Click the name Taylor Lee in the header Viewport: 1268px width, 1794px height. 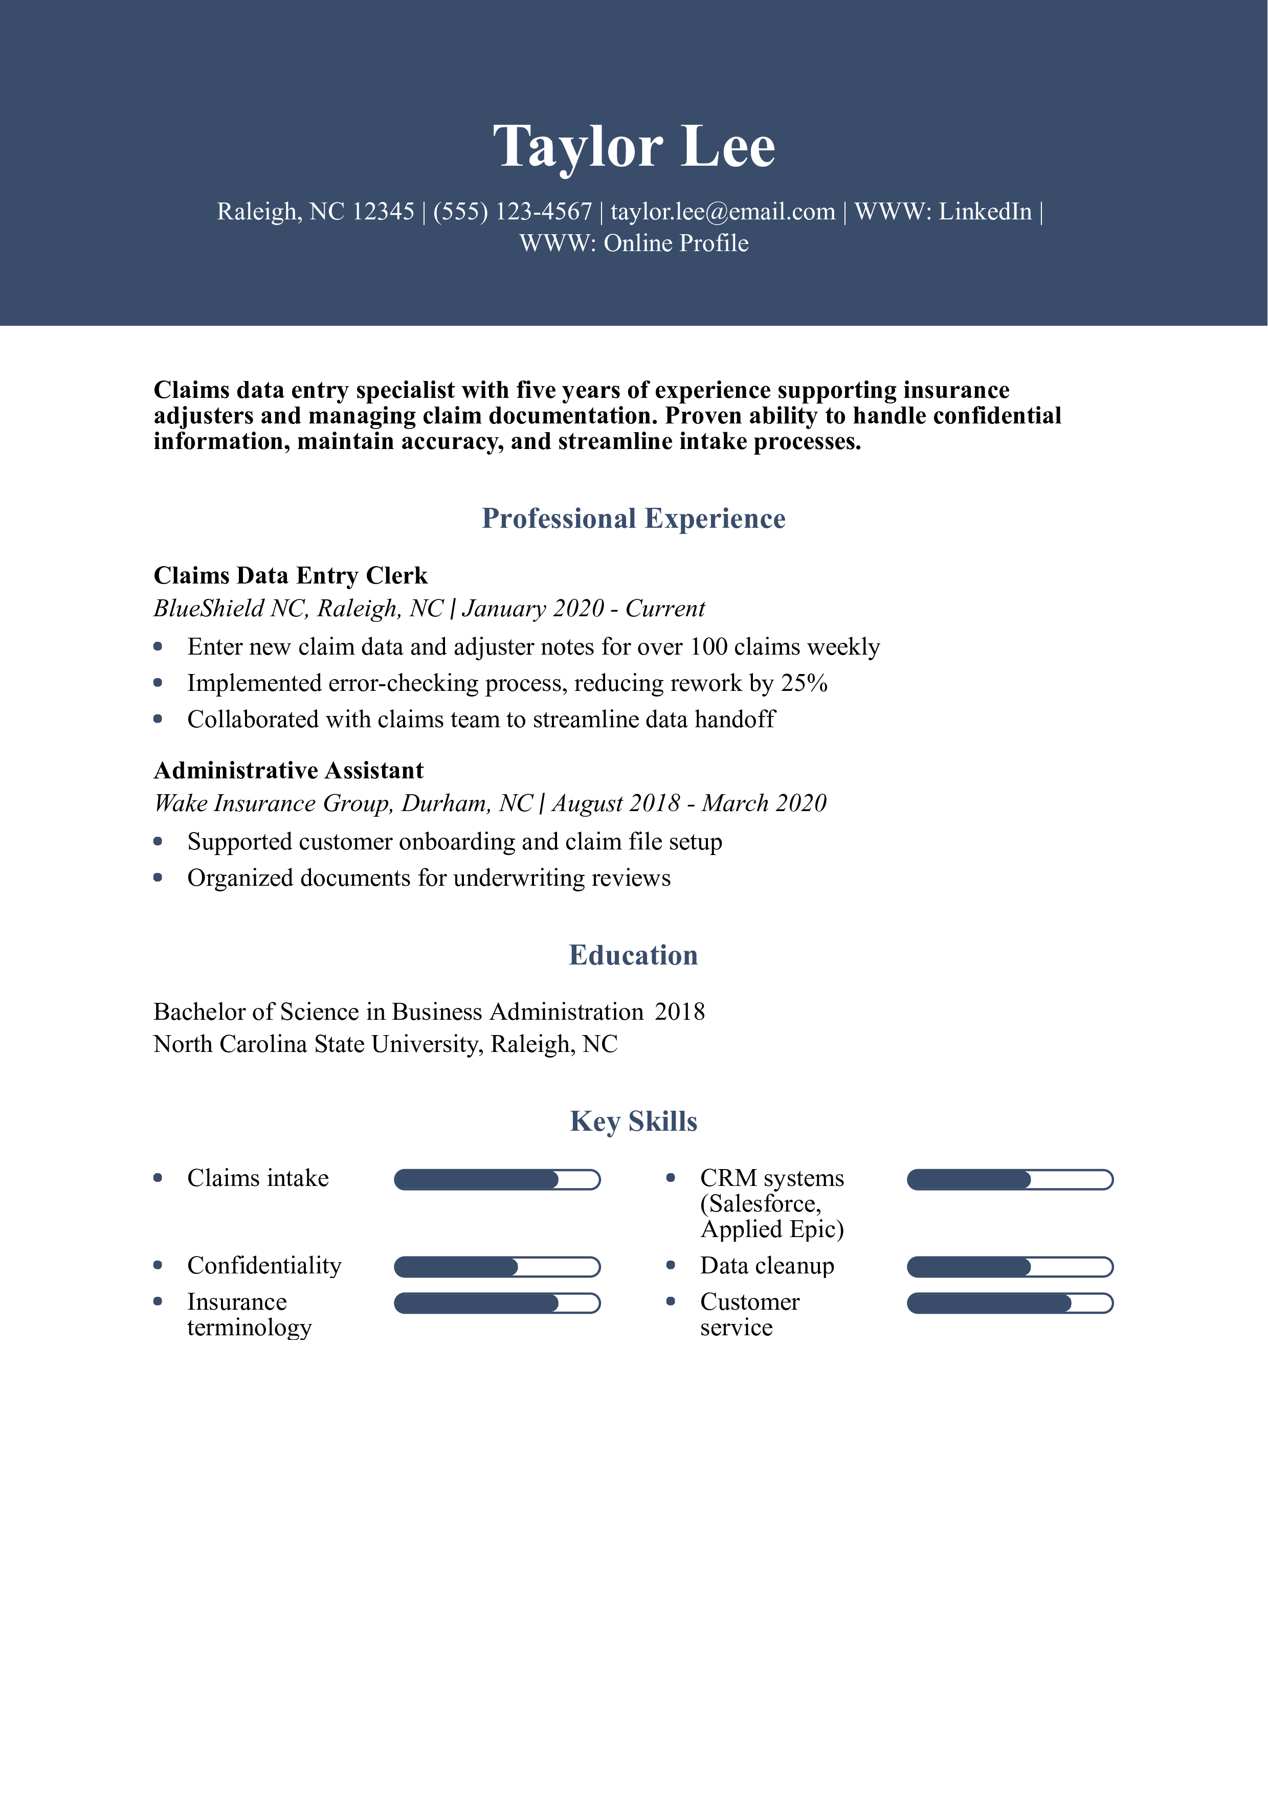pos(634,146)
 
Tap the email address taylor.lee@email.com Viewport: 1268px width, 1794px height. pos(723,212)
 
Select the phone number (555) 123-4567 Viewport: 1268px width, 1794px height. pos(513,212)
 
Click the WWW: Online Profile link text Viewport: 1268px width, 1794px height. pos(634,244)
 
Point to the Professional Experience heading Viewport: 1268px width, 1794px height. pos(634,519)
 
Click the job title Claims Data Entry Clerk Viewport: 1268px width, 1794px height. pos(291,576)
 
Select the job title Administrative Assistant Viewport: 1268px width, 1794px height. pos(288,770)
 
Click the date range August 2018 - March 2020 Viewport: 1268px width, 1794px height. pos(689,803)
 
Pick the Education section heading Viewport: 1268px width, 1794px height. pos(634,956)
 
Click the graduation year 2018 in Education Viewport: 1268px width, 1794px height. pos(680,1012)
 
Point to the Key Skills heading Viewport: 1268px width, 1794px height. pos(634,1121)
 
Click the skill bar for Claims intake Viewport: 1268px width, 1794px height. pos(497,1180)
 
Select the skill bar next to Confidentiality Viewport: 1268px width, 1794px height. pos(497,1267)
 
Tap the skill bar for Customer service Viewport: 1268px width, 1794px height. pos(1009,1303)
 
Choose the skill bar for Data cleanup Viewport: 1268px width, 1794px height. pos(1009,1267)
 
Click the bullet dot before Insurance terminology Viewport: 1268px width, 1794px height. pos(158,1302)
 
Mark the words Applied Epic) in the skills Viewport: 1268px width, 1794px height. pos(772,1230)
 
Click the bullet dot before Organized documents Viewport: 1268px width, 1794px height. pos(158,878)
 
